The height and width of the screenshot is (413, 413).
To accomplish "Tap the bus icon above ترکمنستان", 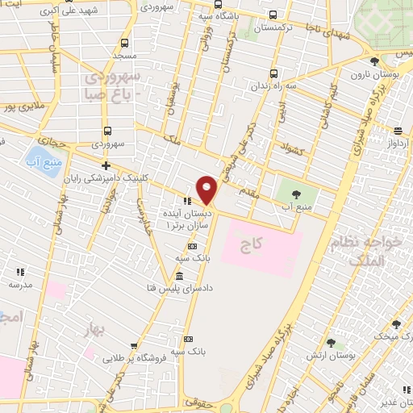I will coord(274,15).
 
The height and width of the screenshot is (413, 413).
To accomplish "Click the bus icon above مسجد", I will coord(123,44).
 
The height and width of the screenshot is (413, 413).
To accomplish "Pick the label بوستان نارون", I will coord(373,75).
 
